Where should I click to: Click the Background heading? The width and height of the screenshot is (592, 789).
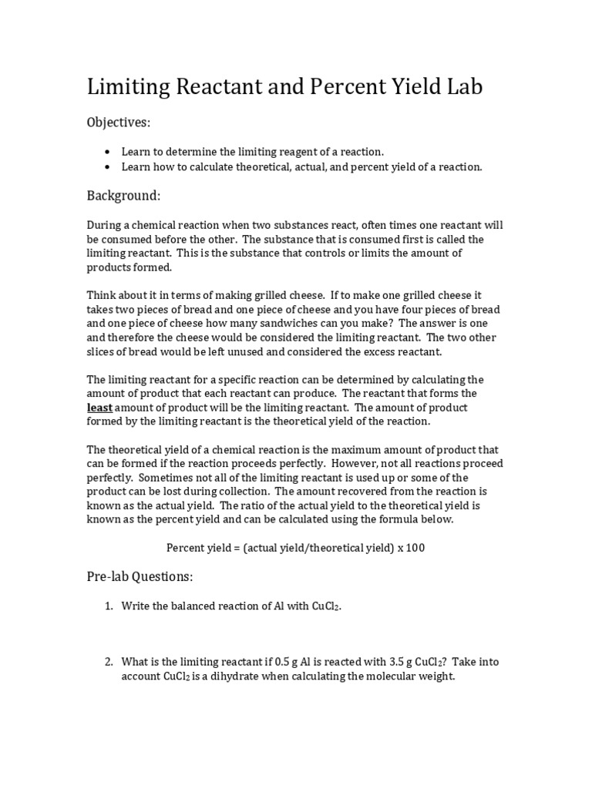[x=123, y=196]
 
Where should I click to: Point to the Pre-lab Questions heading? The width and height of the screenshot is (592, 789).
[x=140, y=576]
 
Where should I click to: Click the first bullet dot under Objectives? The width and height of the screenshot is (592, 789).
[x=107, y=152]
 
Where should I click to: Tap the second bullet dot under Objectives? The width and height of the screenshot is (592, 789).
[x=107, y=167]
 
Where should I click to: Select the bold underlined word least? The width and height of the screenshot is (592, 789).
[x=99, y=408]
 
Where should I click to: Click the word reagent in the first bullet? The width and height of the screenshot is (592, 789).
[x=274, y=152]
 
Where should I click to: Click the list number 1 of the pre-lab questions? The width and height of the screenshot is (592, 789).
[x=109, y=606]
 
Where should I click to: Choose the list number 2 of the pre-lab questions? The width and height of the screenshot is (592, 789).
[x=109, y=662]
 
